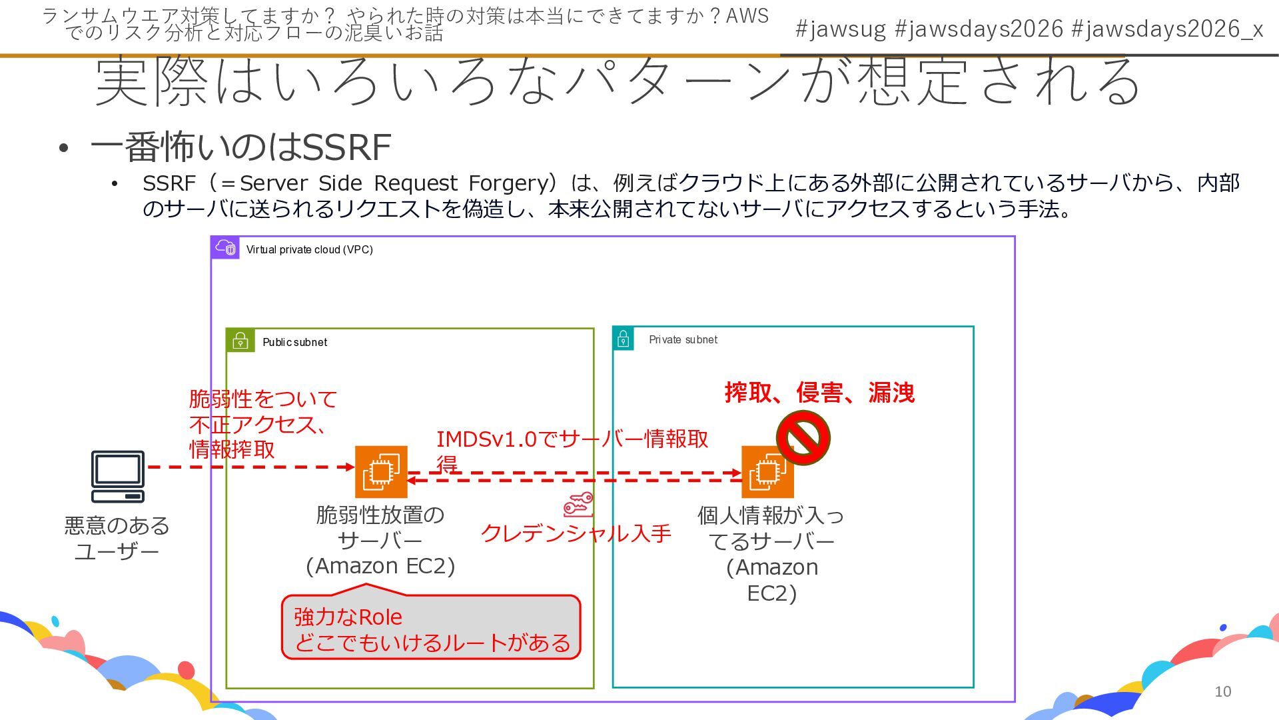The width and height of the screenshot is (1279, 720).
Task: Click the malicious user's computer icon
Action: coord(118,476)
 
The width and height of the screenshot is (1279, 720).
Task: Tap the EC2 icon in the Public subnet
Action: coord(380,472)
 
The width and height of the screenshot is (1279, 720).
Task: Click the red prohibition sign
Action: coord(803,438)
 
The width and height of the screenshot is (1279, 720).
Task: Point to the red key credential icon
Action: coord(578,505)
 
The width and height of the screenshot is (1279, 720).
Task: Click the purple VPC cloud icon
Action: coord(225,247)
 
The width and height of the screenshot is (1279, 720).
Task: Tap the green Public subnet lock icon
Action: coord(240,341)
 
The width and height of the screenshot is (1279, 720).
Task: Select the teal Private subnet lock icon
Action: coord(624,338)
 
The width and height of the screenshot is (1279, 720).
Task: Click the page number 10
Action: coord(1222,691)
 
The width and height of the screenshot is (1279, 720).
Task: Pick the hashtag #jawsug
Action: coord(841,29)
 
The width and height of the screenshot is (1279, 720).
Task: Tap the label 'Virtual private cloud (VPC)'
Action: coord(309,249)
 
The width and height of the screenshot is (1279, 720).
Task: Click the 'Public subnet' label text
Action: coord(294,342)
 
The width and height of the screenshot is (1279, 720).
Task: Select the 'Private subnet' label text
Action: coord(683,339)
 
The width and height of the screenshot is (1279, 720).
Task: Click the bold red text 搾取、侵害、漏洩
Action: coord(819,393)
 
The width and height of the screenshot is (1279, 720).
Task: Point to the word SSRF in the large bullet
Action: coord(346,147)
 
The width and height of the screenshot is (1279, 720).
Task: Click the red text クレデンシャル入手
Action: coord(576,533)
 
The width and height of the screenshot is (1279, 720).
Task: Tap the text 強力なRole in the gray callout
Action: coord(348,617)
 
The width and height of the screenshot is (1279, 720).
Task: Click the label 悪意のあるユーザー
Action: coord(117,539)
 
